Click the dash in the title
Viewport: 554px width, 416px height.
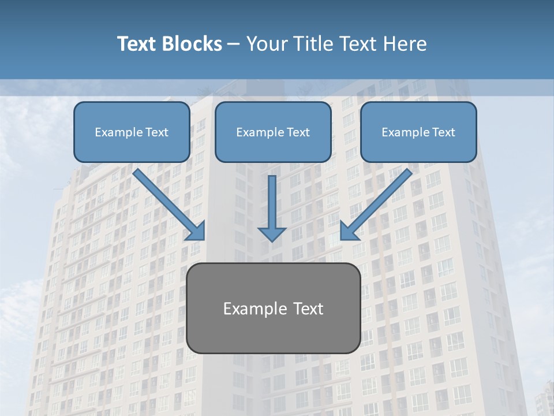tap(234, 44)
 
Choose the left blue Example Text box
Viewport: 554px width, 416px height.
tap(132, 132)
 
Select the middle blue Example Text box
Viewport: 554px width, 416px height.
tap(273, 132)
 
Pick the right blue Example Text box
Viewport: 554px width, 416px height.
tap(418, 132)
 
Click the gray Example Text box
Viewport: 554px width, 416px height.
tap(273, 308)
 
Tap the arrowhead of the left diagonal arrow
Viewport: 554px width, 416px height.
tap(197, 232)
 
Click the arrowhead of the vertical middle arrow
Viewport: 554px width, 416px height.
tap(272, 233)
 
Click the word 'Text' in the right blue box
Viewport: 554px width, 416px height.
tap(444, 132)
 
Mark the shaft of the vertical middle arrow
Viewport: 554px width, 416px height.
tap(272, 199)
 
